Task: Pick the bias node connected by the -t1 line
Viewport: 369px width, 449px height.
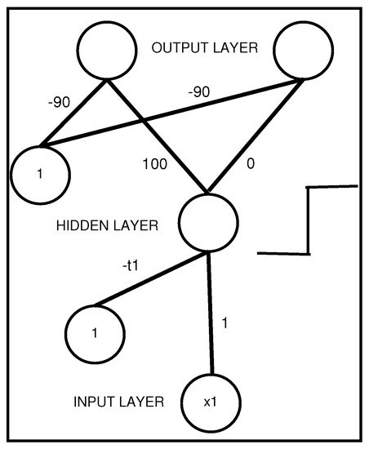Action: pos(95,334)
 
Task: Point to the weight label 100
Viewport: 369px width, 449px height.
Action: pos(154,164)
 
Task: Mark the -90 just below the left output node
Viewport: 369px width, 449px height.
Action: pos(59,102)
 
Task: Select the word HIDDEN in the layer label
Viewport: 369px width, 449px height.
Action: pos(82,223)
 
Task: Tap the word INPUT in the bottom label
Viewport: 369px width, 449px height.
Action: pos(94,402)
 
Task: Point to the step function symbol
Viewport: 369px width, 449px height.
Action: pos(309,220)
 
